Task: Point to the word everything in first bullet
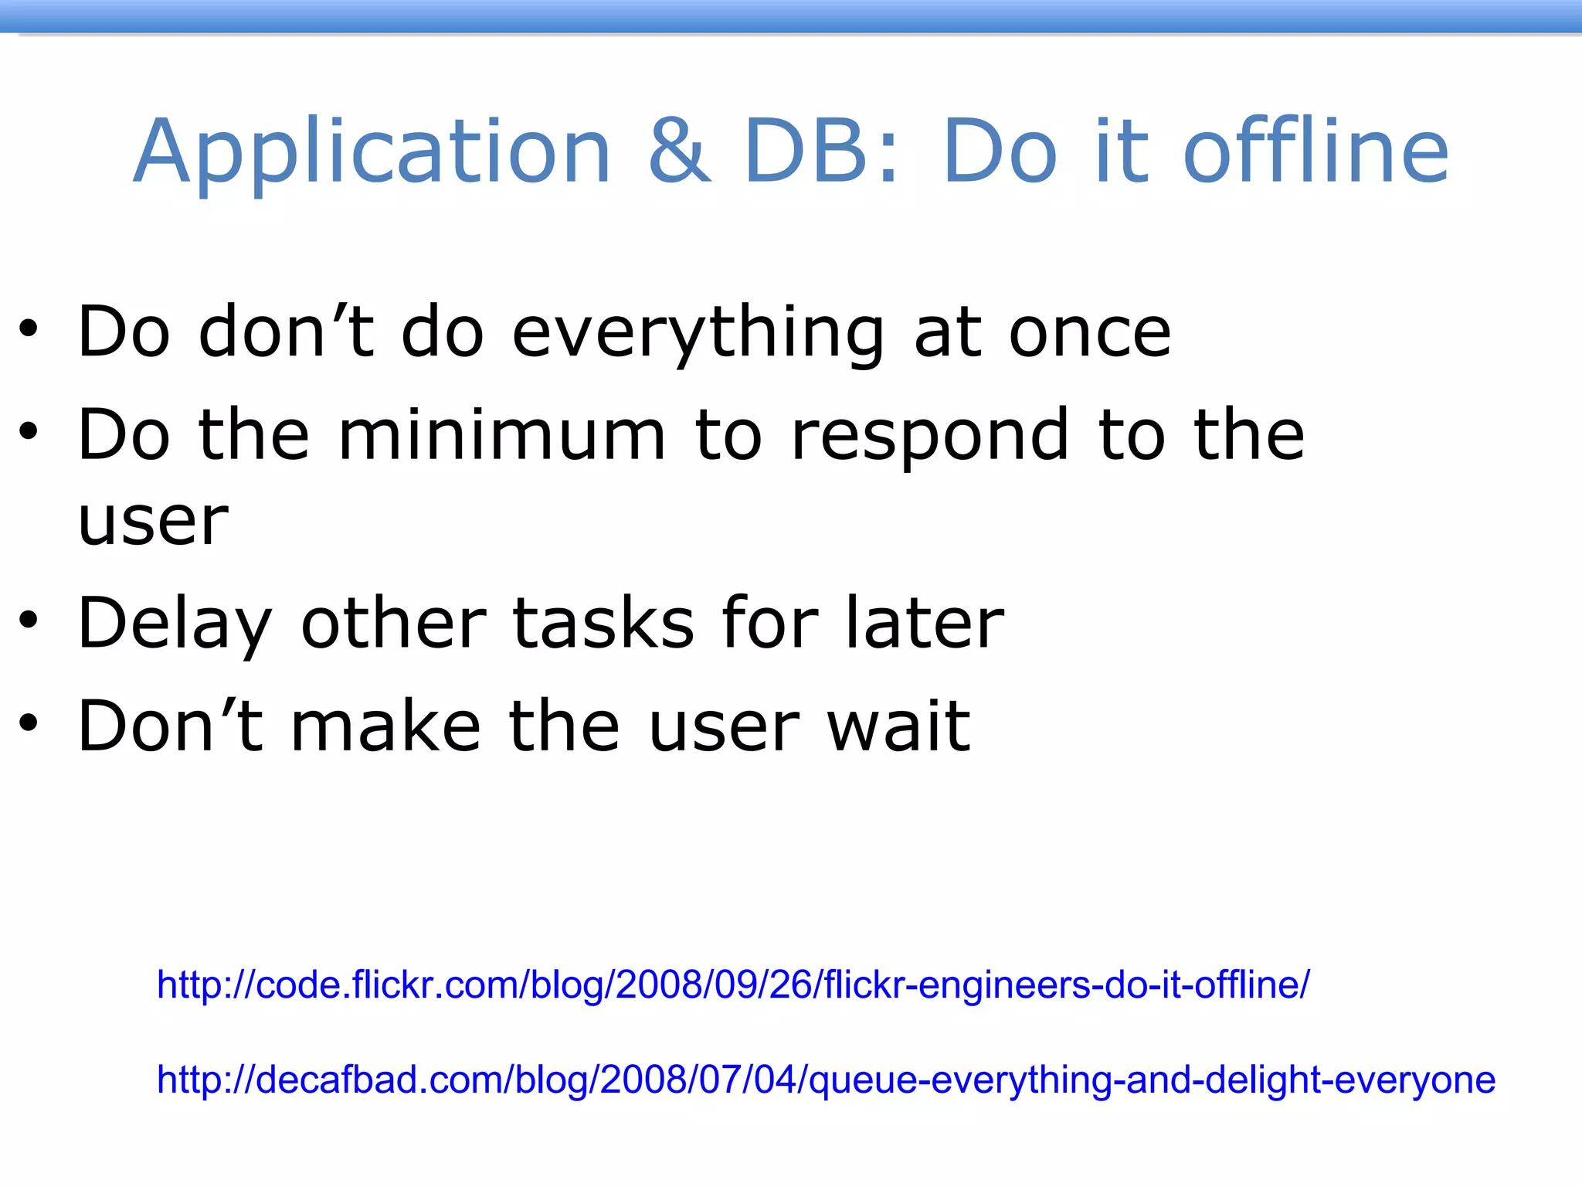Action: (x=698, y=334)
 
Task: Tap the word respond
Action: (x=930, y=437)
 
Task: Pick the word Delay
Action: (x=174, y=624)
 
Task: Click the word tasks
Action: (x=603, y=623)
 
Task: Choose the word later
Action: (x=924, y=623)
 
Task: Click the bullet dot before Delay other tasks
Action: (x=29, y=620)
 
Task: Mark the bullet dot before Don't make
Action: (x=29, y=723)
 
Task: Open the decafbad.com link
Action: (x=825, y=1080)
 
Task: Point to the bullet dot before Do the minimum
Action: (x=29, y=432)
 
